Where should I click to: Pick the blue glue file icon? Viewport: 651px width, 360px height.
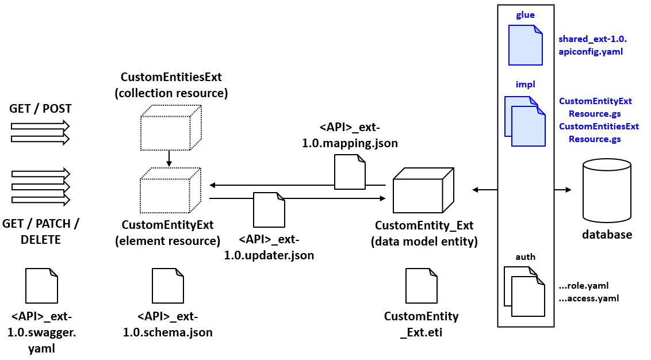coord(525,45)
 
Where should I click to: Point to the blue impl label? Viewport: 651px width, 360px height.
coord(525,85)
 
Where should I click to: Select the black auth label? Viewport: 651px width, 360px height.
coord(525,257)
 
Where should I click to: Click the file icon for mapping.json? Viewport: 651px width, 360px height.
coord(350,173)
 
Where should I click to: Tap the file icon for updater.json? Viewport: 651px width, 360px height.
coord(269,210)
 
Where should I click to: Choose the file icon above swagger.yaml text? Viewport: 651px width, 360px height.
coord(42,286)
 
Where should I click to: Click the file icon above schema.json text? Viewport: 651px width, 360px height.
coord(167,286)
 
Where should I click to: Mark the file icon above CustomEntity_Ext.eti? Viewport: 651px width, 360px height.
coord(421,286)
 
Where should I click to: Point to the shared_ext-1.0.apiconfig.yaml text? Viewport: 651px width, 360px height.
coord(592,45)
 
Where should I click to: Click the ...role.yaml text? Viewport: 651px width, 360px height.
coord(583,285)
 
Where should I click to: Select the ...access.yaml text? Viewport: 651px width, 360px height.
coord(588,298)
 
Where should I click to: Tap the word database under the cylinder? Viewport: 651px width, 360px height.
coord(607,235)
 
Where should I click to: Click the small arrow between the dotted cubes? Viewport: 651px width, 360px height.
coord(169,158)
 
